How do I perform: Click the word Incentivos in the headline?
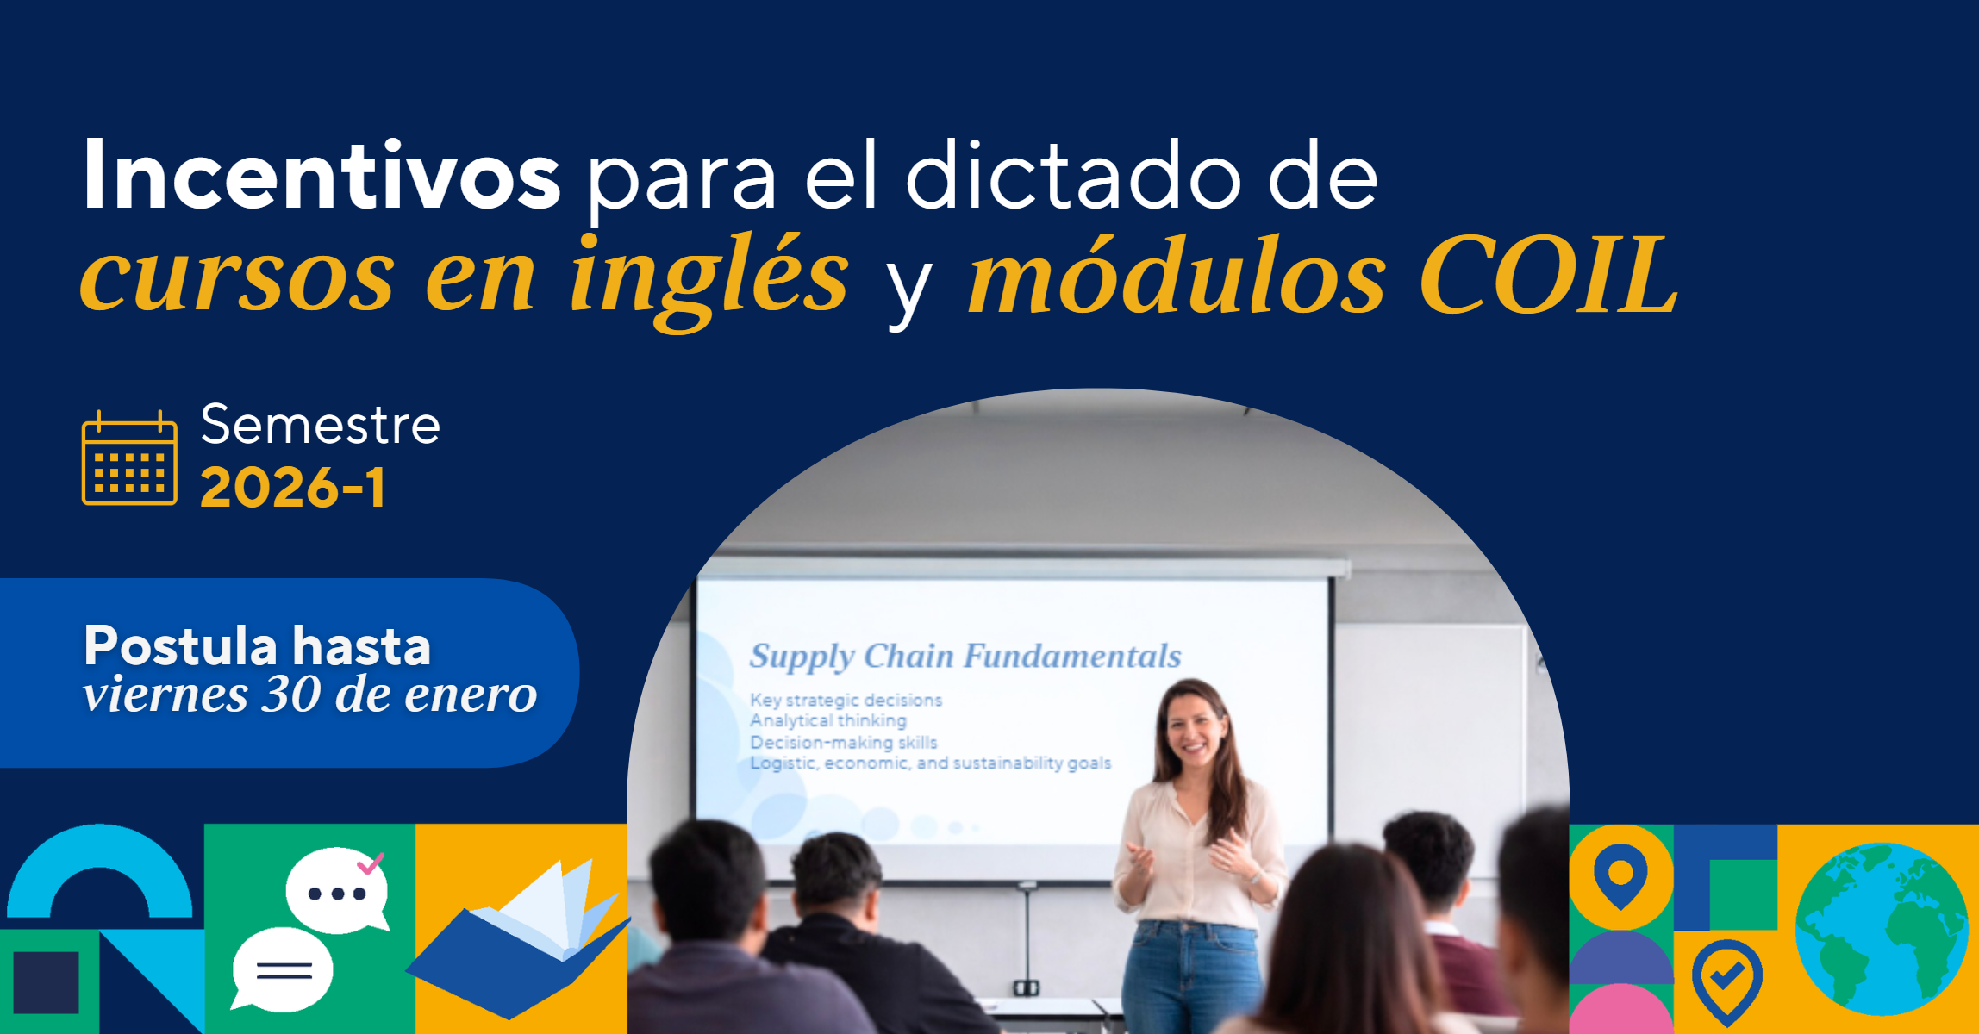pos(322,175)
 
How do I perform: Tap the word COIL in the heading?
pos(1549,275)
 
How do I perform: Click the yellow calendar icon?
pos(129,458)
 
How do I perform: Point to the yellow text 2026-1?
pos(293,488)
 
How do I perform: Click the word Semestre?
pos(321,424)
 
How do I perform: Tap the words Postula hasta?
pos(257,645)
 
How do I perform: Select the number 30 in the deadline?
pos(291,695)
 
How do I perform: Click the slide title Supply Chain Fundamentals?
pos(965,657)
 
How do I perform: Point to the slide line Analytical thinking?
pos(828,720)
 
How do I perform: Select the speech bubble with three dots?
pos(337,891)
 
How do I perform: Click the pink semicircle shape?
pos(1620,1010)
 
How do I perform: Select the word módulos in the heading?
pos(1177,275)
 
